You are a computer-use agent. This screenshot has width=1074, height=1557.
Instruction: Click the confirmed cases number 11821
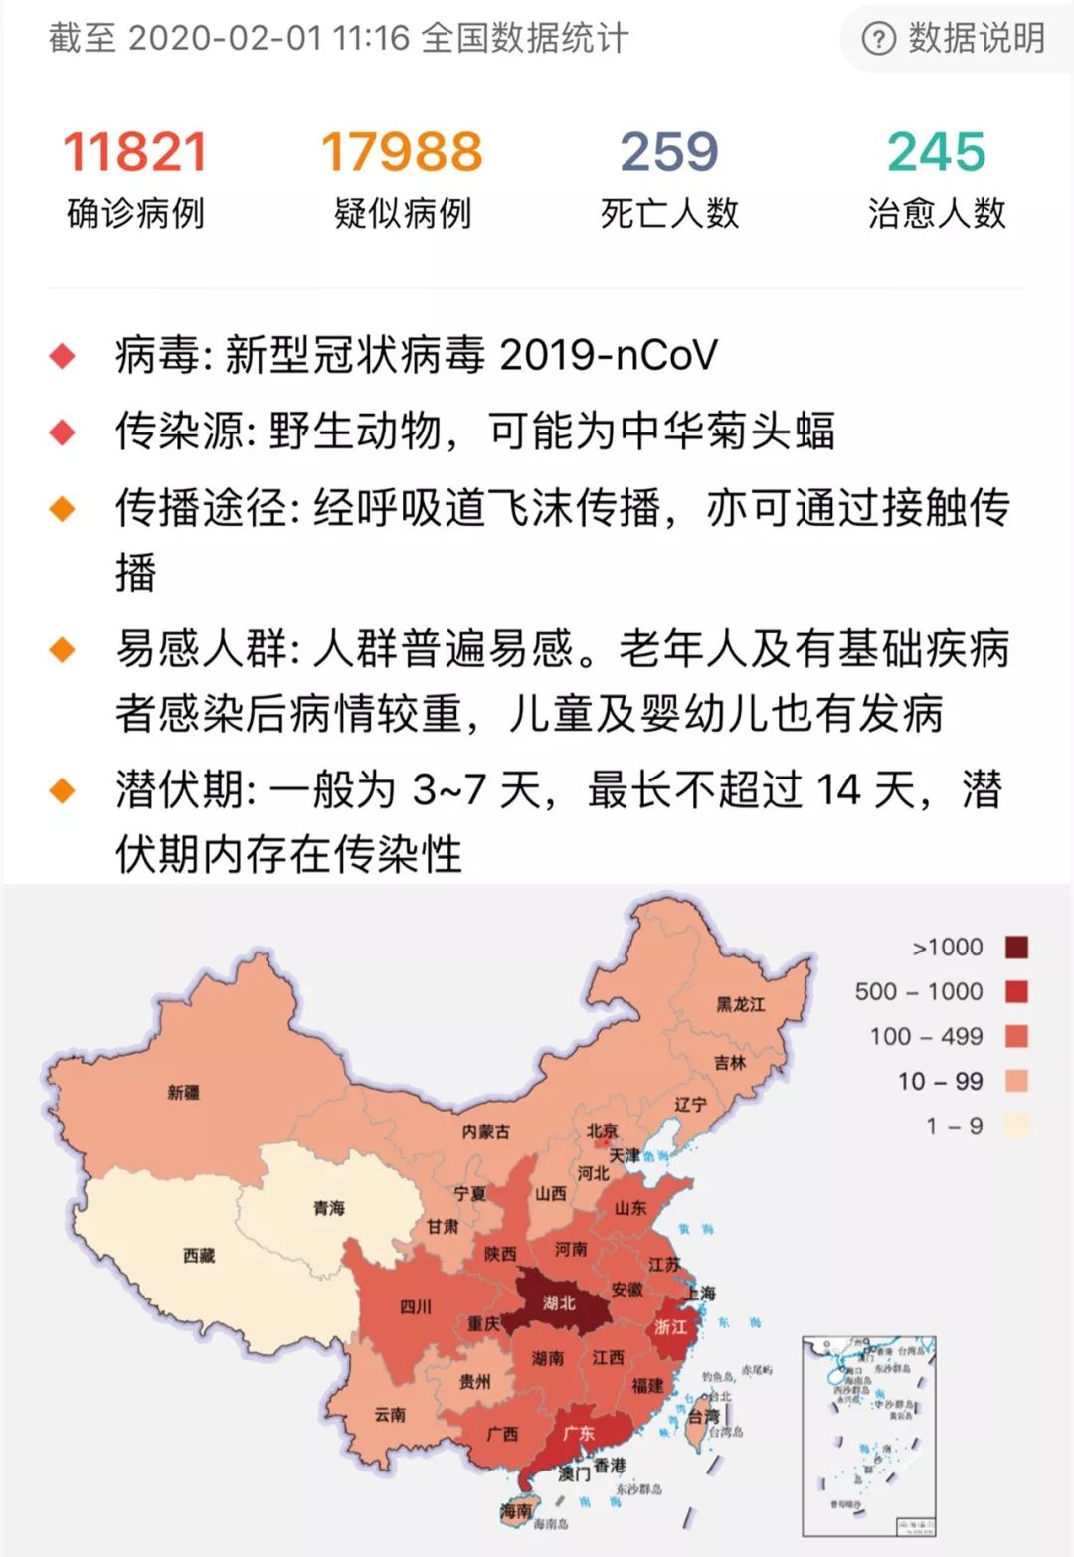(x=135, y=152)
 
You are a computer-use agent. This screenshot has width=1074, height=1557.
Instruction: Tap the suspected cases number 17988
(x=402, y=152)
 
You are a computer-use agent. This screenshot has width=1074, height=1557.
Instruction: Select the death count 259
(x=669, y=152)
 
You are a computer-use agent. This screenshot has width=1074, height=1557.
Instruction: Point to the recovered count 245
(x=936, y=152)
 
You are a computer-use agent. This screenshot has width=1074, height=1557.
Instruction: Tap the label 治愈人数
(x=936, y=213)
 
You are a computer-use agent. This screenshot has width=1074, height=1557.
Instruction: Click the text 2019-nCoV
(x=608, y=355)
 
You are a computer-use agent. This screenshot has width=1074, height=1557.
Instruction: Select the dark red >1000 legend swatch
(x=1015, y=947)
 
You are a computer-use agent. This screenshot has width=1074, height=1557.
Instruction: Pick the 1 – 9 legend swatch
(x=1015, y=1125)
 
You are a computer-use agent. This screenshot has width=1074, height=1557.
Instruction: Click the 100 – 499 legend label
(x=926, y=1036)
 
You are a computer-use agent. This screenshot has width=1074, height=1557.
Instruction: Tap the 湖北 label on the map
(x=559, y=1302)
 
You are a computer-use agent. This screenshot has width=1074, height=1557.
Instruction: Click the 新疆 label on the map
(x=183, y=1093)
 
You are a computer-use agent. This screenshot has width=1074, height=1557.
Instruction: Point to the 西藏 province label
(x=199, y=1256)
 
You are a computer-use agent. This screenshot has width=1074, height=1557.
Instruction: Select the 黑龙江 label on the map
(x=741, y=1004)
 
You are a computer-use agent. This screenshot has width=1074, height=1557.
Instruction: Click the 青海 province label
(x=329, y=1208)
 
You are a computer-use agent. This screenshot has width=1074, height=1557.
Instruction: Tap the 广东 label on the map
(x=578, y=1433)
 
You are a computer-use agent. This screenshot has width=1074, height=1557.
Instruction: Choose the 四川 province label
(x=416, y=1306)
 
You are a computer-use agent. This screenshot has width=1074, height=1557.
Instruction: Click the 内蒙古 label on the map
(x=485, y=1131)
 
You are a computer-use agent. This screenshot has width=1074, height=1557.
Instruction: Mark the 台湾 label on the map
(x=704, y=1416)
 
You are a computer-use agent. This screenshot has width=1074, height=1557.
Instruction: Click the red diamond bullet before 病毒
(x=63, y=356)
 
